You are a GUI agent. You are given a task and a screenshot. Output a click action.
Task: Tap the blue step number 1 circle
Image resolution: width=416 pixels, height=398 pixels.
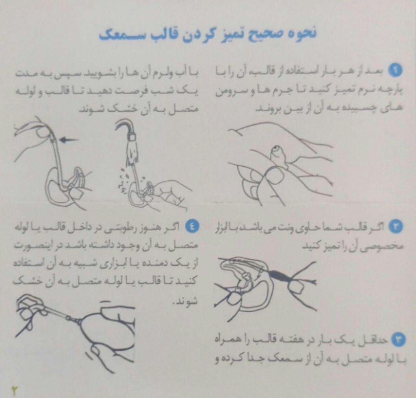[395, 70]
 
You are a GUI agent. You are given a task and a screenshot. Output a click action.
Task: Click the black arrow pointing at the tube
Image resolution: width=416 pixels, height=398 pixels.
[69, 140]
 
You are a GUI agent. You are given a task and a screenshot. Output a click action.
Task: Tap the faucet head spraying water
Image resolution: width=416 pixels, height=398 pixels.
[131, 136]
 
